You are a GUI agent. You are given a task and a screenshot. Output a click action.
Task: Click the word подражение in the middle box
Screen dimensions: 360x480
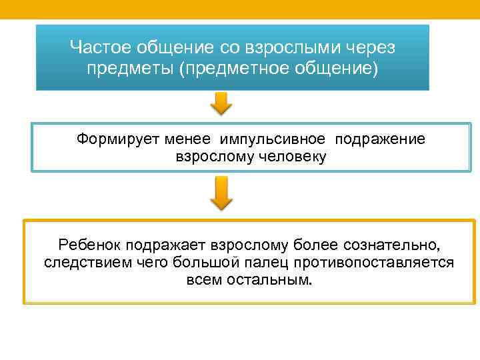pos(379,139)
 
